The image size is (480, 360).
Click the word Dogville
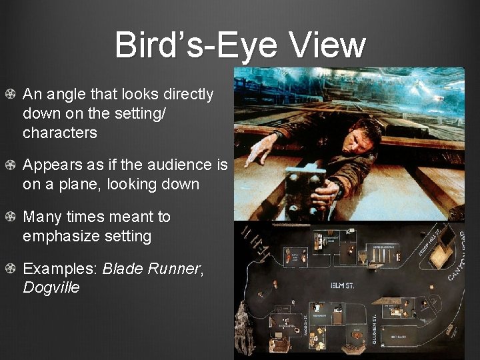tap(51, 288)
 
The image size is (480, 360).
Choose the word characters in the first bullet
tap(59, 133)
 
